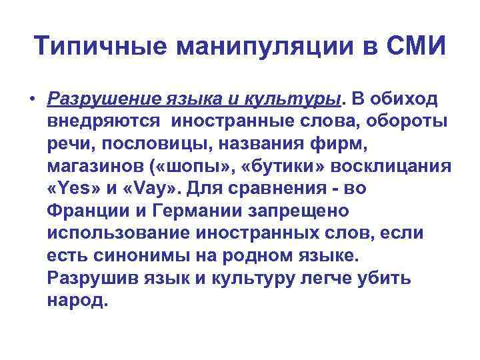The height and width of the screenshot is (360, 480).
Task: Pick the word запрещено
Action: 293,211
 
